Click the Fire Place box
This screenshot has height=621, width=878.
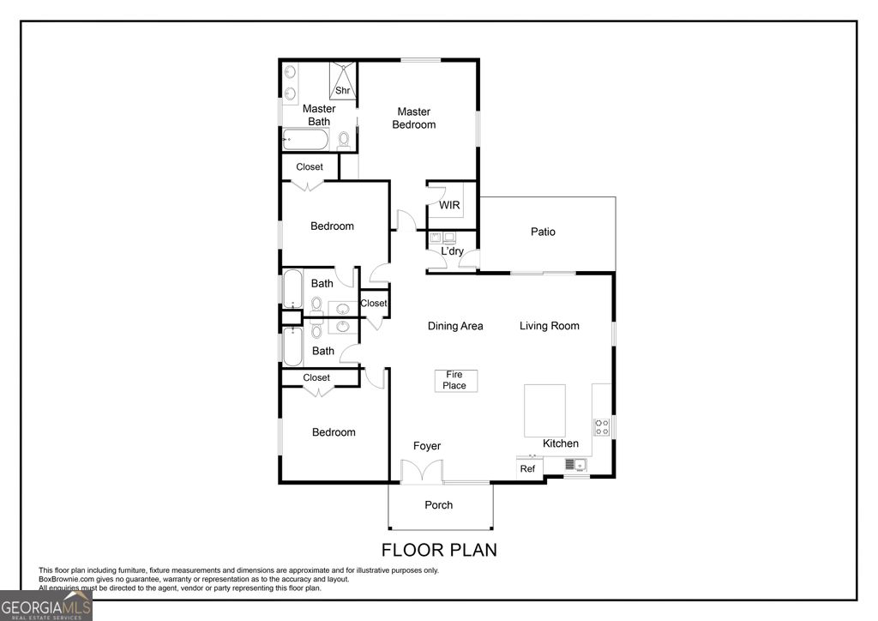click(454, 380)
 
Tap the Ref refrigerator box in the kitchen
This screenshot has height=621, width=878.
click(528, 468)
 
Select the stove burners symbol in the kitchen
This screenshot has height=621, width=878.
click(602, 426)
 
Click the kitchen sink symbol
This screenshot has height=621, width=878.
click(574, 465)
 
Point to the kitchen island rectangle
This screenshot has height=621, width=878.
click(544, 410)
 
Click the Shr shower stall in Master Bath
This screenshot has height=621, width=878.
click(343, 81)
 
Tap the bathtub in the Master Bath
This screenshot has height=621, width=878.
click(305, 139)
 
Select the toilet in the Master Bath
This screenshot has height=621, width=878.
click(344, 139)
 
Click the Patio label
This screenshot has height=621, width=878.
click(543, 232)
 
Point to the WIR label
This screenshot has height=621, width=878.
click(449, 205)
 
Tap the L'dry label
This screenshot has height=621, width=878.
click(452, 251)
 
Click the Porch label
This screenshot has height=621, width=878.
click(439, 504)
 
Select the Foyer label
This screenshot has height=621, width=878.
click(427, 446)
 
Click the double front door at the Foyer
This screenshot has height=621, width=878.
click(422, 472)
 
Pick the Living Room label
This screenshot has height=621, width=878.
click(549, 325)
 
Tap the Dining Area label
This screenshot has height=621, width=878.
click(455, 325)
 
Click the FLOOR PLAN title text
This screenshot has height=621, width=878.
click(439, 550)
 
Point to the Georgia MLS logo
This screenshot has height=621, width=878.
click(46, 606)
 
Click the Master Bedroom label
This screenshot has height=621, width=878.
click(413, 118)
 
